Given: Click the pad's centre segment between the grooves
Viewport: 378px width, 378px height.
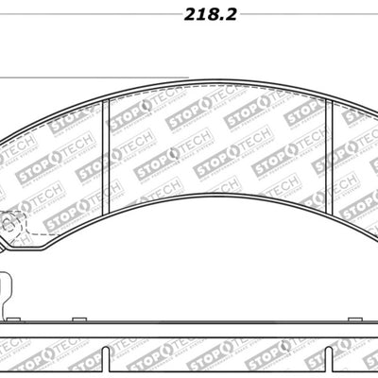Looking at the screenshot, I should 217,142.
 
